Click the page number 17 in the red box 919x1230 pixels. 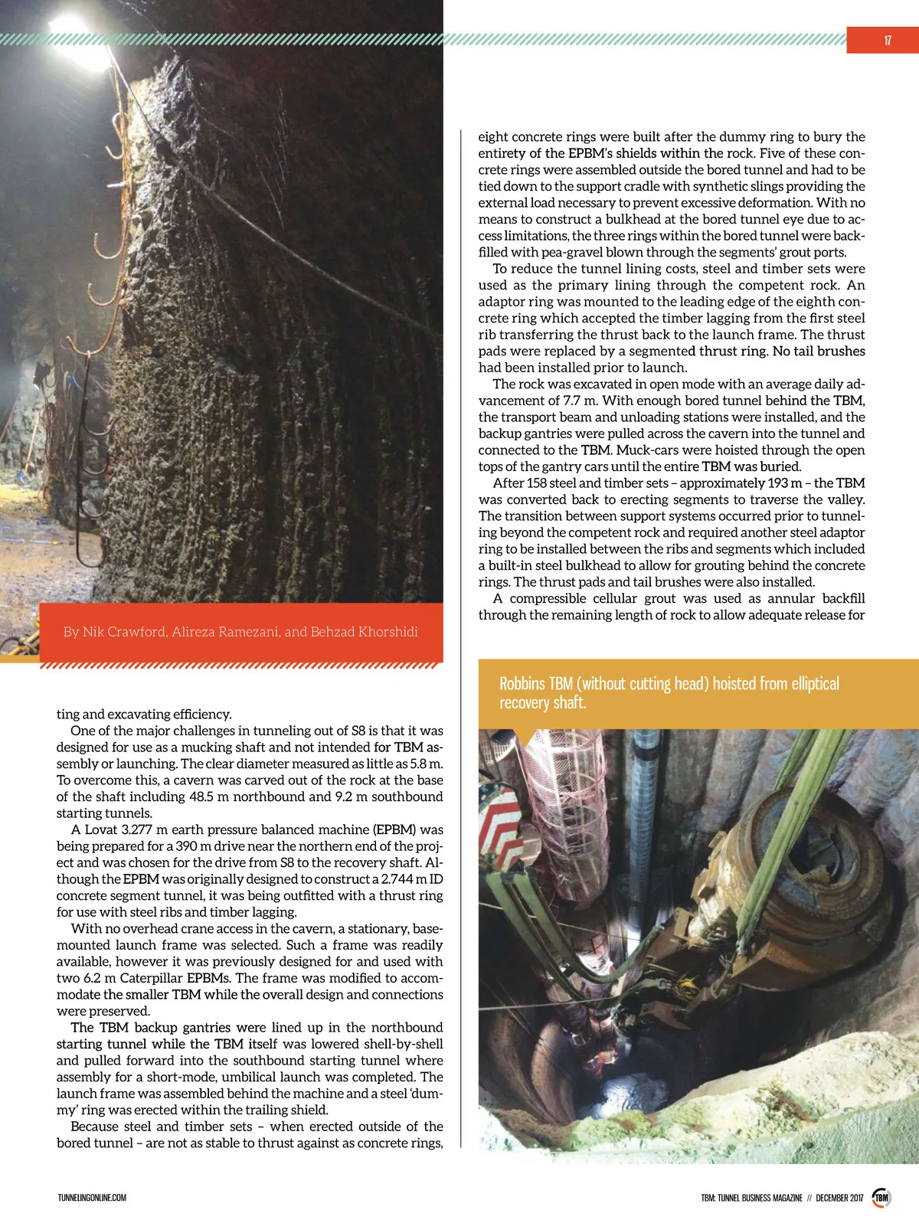click(x=887, y=41)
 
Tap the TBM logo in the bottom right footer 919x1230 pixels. click(x=881, y=1198)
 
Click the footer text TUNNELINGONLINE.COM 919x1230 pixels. click(x=92, y=1198)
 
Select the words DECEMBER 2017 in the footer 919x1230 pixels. click(x=839, y=1198)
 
